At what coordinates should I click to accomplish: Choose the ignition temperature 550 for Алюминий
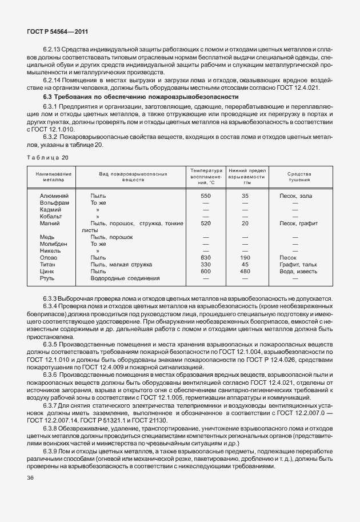[x=206, y=196]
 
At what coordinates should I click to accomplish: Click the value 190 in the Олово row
[x=245, y=258]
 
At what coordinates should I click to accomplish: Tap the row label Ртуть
[x=47, y=278]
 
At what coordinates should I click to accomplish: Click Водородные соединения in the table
[x=125, y=278]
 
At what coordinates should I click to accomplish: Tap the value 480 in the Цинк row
[x=245, y=272]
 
